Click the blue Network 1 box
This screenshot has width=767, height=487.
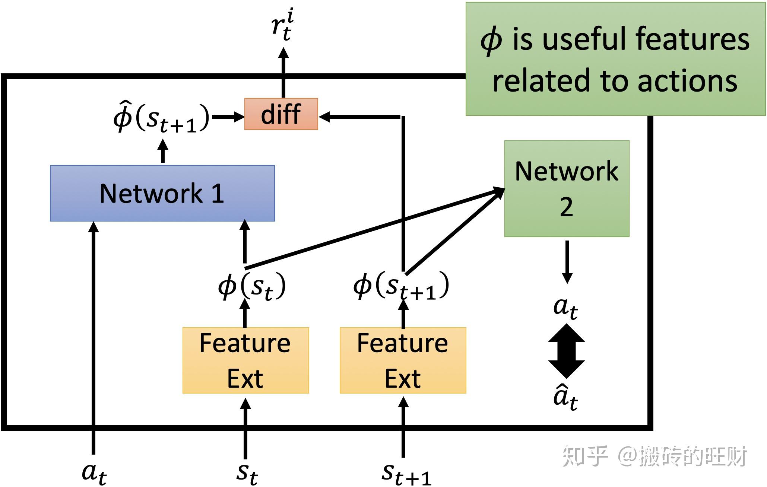pos(162,193)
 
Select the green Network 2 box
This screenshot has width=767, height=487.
pos(566,188)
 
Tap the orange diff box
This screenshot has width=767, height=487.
pos(281,114)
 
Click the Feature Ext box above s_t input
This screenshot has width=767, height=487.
pos(245,360)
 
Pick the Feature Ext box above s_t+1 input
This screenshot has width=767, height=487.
pos(403,360)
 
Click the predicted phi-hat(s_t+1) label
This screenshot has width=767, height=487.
pos(161,117)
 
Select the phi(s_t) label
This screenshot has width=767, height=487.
pos(252,287)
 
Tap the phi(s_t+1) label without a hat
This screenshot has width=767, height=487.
pos(401,287)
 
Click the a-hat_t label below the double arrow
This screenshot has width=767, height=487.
pos(565,397)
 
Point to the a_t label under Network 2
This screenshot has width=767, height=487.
pos(565,307)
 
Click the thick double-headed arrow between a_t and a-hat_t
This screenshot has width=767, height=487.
pos(566,351)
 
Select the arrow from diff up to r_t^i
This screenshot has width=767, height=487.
pos(283,73)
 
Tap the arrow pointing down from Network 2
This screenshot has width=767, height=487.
pos(567,262)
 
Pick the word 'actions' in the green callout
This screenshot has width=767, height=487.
pos(687,81)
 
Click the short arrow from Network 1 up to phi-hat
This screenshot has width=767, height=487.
pos(162,151)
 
